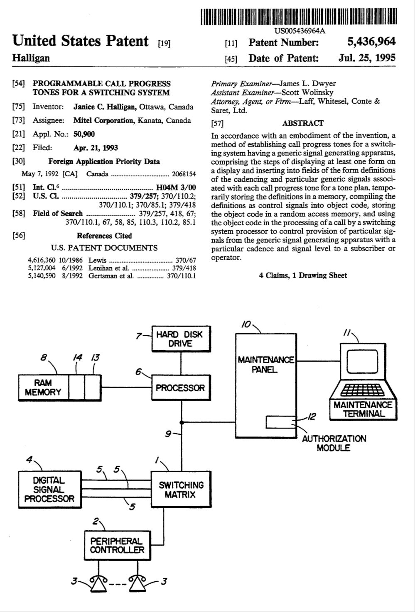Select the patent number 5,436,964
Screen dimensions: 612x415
point(371,42)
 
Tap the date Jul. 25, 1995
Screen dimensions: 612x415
point(367,58)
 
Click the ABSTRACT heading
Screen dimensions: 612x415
point(302,123)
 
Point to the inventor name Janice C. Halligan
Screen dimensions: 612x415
point(106,107)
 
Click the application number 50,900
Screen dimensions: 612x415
point(84,134)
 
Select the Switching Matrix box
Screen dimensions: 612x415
point(181,490)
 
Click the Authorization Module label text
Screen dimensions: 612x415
point(334,443)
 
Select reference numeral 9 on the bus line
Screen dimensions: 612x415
point(168,434)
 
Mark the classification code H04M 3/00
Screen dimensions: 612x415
point(176,187)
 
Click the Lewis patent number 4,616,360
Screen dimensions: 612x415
point(42,260)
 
